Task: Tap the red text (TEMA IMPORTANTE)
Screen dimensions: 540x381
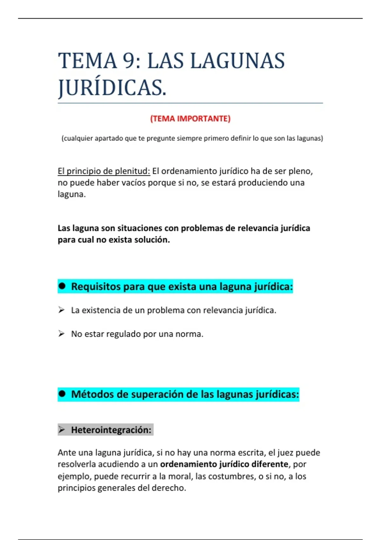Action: point(190,119)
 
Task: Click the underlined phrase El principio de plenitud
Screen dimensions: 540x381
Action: point(104,171)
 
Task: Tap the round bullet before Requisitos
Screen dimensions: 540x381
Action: point(62,286)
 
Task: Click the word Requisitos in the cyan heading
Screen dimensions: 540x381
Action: point(96,287)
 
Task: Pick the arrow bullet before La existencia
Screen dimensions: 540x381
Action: point(61,310)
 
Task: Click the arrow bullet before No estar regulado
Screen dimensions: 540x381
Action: point(61,334)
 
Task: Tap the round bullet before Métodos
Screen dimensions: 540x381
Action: point(62,394)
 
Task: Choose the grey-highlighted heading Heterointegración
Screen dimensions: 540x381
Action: point(111,430)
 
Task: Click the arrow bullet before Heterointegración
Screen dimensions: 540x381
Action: point(62,430)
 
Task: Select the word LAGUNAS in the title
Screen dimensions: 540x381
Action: point(237,61)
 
